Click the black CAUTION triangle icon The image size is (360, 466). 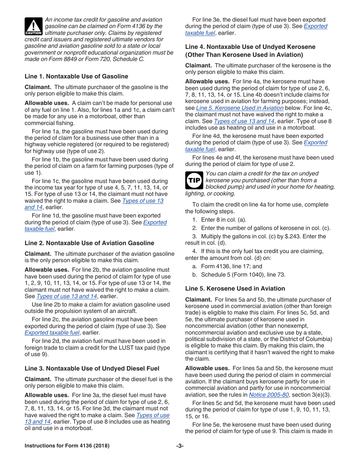tap(34, 27)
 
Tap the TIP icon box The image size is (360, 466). tap(194, 180)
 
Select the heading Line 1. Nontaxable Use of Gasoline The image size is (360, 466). tap(76, 77)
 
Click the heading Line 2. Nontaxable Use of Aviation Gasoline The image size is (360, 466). tap(89, 243)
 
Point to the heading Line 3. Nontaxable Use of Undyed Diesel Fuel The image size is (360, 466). tap(92, 369)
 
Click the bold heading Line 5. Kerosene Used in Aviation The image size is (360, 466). tap(235, 289)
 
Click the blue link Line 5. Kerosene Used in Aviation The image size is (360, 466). tap(239, 108)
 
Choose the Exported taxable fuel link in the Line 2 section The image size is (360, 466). tap(52, 333)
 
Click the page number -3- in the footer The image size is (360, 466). tap(180, 446)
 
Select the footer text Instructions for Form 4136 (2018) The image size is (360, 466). tap(67, 446)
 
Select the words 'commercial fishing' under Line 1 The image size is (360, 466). tap(49, 123)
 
